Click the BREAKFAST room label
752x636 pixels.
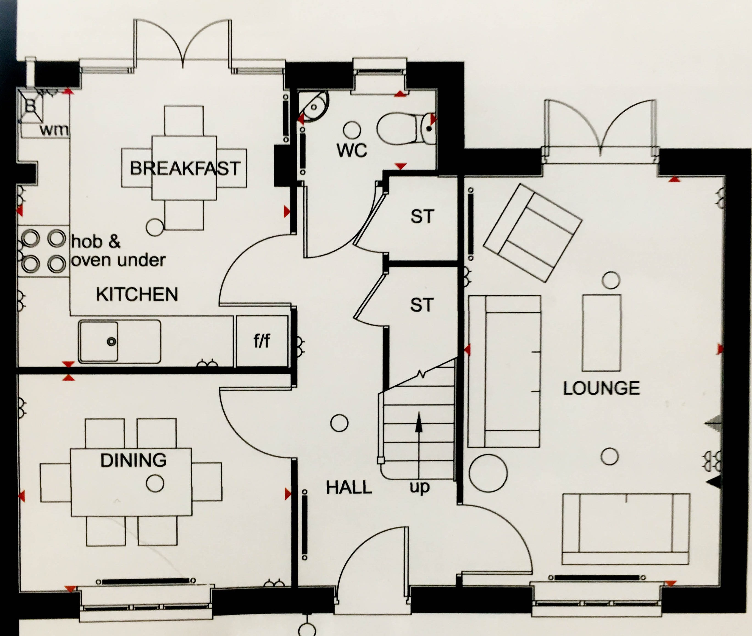pos(185,168)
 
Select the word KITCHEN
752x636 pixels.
pos(137,294)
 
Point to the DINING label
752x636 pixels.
pos(133,460)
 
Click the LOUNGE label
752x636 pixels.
pos(601,388)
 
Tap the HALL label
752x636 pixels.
pos(349,488)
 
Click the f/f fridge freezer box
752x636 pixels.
pos(262,341)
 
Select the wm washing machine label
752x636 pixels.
pos(54,130)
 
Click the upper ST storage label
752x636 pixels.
pos(422,216)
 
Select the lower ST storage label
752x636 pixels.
pos(421,305)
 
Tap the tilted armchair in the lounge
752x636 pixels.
pos(532,233)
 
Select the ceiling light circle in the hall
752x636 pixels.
pos(339,423)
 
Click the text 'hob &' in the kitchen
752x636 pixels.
pos(96,242)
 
